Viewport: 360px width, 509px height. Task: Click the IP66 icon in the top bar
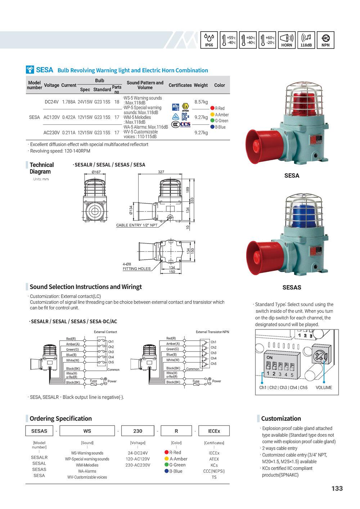click(x=209, y=40)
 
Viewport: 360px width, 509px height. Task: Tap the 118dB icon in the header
click(x=306, y=40)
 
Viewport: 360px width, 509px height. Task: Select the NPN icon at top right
click(x=325, y=40)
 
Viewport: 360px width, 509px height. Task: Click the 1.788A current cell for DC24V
click(x=69, y=102)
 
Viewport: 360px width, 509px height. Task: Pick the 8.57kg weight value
click(x=201, y=102)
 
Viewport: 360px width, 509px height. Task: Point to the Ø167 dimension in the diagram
click(x=96, y=172)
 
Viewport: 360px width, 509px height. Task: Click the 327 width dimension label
click(x=161, y=172)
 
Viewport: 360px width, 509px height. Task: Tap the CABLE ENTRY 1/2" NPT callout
click(x=137, y=226)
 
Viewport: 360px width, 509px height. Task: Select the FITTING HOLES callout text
click(x=136, y=269)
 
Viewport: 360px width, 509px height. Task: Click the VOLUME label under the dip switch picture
click(x=324, y=388)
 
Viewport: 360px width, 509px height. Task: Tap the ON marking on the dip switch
click(x=270, y=358)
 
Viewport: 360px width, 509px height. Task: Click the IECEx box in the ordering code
click(x=214, y=431)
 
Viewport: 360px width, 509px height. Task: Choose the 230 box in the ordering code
click(x=138, y=431)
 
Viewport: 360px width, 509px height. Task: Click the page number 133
click(x=337, y=488)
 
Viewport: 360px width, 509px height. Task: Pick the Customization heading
click(x=281, y=419)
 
